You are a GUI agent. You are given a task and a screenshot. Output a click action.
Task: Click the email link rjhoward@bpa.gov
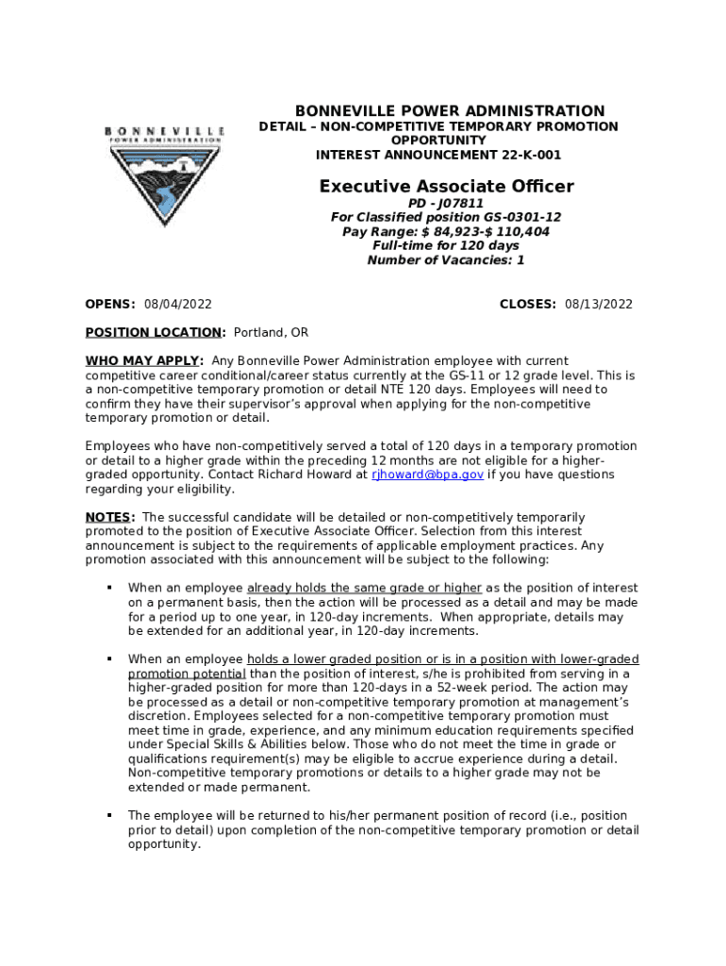click(x=427, y=475)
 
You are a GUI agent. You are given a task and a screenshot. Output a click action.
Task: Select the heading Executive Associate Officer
click(x=446, y=187)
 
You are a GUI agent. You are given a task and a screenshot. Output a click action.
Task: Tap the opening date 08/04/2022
click(x=177, y=304)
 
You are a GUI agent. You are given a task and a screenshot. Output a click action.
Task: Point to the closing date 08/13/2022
click(x=599, y=304)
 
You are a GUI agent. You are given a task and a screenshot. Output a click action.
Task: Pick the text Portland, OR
click(x=271, y=333)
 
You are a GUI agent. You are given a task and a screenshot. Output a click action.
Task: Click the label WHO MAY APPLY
click(x=144, y=361)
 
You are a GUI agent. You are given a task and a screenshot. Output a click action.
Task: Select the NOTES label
click(x=110, y=517)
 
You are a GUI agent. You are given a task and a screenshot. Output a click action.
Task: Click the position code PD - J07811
click(x=446, y=203)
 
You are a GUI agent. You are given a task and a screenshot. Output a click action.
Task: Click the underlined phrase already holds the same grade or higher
click(x=364, y=588)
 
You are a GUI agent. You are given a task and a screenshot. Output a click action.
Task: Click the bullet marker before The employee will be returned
click(x=108, y=815)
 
